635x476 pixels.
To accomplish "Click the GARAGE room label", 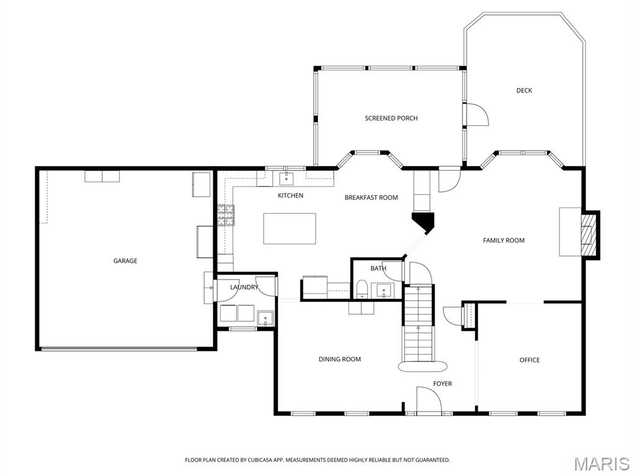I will tap(125, 261).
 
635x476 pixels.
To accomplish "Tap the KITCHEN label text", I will tap(290, 196).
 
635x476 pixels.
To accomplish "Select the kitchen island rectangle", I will tap(290, 228).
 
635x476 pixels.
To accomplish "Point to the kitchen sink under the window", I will tap(286, 179).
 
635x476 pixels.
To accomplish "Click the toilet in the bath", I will tap(362, 289).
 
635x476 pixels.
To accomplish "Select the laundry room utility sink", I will tap(265, 318).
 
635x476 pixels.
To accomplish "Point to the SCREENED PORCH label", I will tap(391, 118).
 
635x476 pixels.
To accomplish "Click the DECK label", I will tap(524, 90).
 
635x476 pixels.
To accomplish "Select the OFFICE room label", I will tap(529, 360).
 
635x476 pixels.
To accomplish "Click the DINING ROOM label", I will tap(339, 359).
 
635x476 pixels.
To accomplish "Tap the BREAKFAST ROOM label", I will tap(371, 198).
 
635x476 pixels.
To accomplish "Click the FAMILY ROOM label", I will tap(504, 240).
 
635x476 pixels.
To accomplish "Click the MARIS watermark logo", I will tap(601, 464).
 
